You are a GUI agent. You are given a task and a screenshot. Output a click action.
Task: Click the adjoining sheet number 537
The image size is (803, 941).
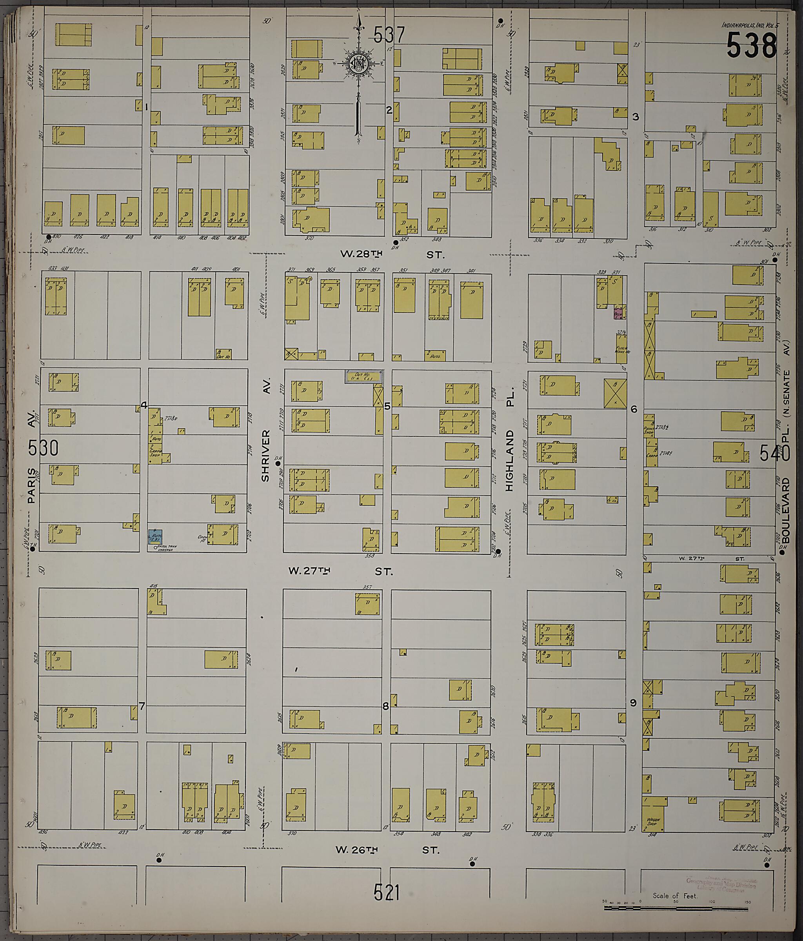[x=389, y=35]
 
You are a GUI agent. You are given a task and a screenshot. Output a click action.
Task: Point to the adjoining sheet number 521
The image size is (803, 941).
[x=387, y=892]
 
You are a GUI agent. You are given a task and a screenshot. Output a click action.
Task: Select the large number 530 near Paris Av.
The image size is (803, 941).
[x=43, y=448]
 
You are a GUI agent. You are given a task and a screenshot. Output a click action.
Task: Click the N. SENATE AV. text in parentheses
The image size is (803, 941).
[x=786, y=393]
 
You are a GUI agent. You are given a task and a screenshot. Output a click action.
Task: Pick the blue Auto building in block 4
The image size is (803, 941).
[x=155, y=536]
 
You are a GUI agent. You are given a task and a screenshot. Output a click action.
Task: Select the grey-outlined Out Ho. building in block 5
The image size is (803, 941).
[x=363, y=376]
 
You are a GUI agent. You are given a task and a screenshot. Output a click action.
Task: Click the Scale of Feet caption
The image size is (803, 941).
[x=674, y=896]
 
